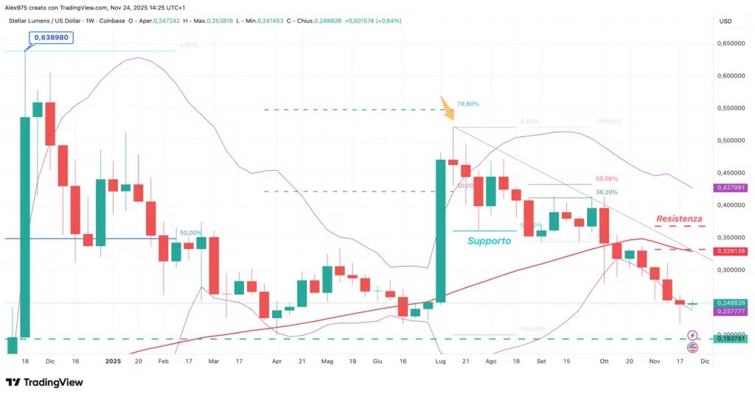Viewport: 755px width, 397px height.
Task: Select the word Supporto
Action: point(488,241)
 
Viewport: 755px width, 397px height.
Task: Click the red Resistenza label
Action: point(679,219)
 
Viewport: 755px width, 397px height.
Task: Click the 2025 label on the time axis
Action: point(113,362)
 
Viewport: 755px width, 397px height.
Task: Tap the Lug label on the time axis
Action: point(440,362)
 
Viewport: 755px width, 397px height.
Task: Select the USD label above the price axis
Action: point(725,21)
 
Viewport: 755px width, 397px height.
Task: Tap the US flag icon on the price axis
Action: point(692,347)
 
